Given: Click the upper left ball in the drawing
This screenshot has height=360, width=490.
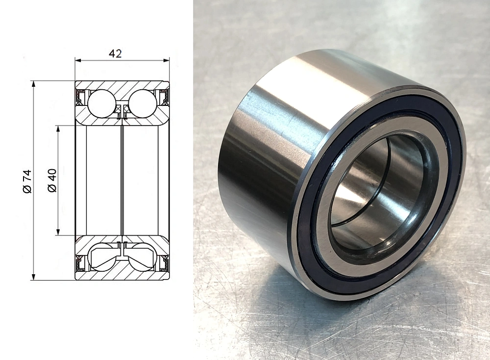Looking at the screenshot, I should (x=102, y=103).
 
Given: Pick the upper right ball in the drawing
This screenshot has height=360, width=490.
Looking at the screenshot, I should (x=142, y=103).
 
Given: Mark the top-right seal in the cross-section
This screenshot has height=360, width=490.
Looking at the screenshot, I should (x=164, y=97).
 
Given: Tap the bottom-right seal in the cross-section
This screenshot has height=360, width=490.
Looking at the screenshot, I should (x=164, y=263).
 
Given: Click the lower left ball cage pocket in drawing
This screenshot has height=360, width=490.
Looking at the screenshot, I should (x=103, y=257).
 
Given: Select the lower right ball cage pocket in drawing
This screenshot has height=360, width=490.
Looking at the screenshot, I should (x=141, y=257).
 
